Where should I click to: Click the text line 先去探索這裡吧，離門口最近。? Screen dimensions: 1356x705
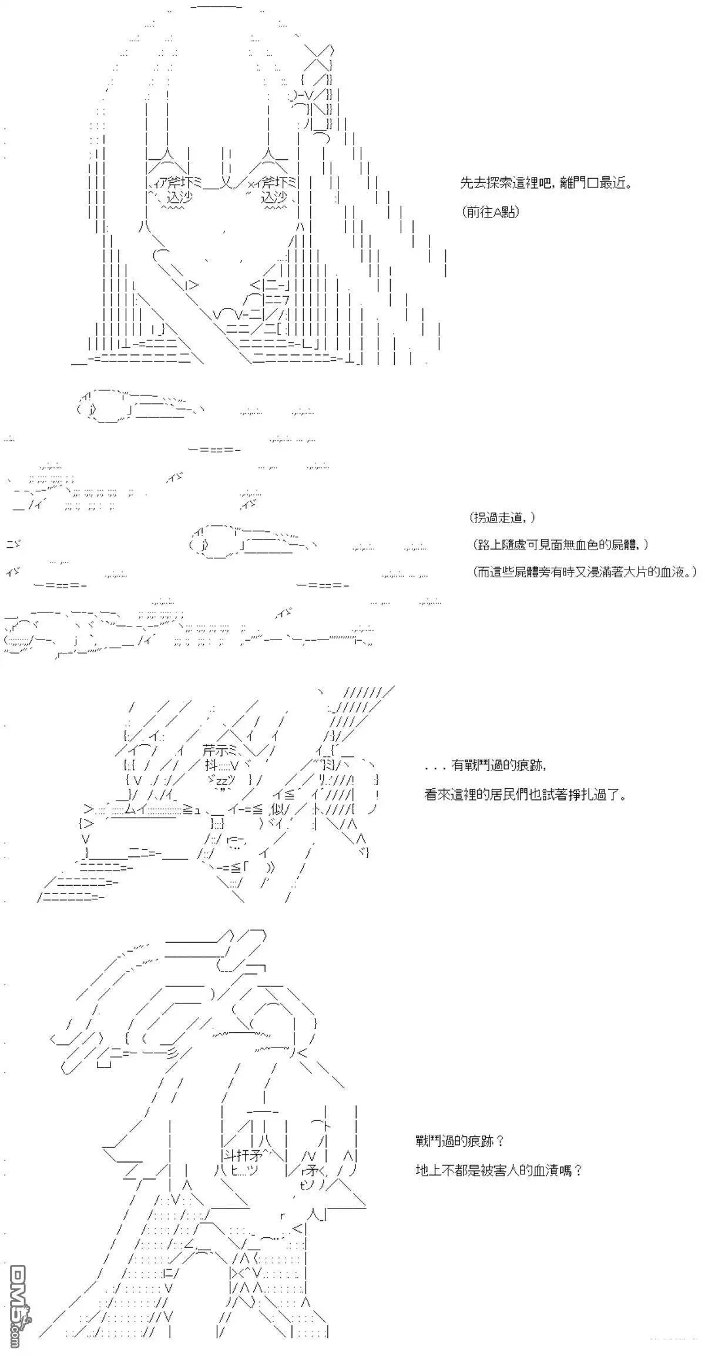pyautogui.click(x=546, y=183)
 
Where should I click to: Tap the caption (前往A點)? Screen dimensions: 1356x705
pyautogui.click(x=491, y=213)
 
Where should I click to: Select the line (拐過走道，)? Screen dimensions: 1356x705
pyautogui.click(x=503, y=518)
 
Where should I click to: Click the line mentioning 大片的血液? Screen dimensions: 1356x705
pyautogui.click(x=585, y=571)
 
